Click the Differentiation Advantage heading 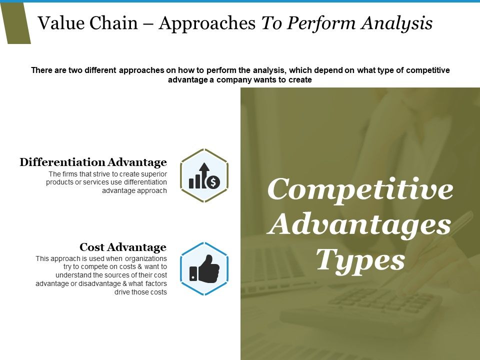click(x=93, y=162)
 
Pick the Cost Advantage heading click(x=122, y=247)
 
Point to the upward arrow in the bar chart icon click(x=204, y=170)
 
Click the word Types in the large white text click(x=360, y=260)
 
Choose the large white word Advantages click(x=360, y=225)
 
